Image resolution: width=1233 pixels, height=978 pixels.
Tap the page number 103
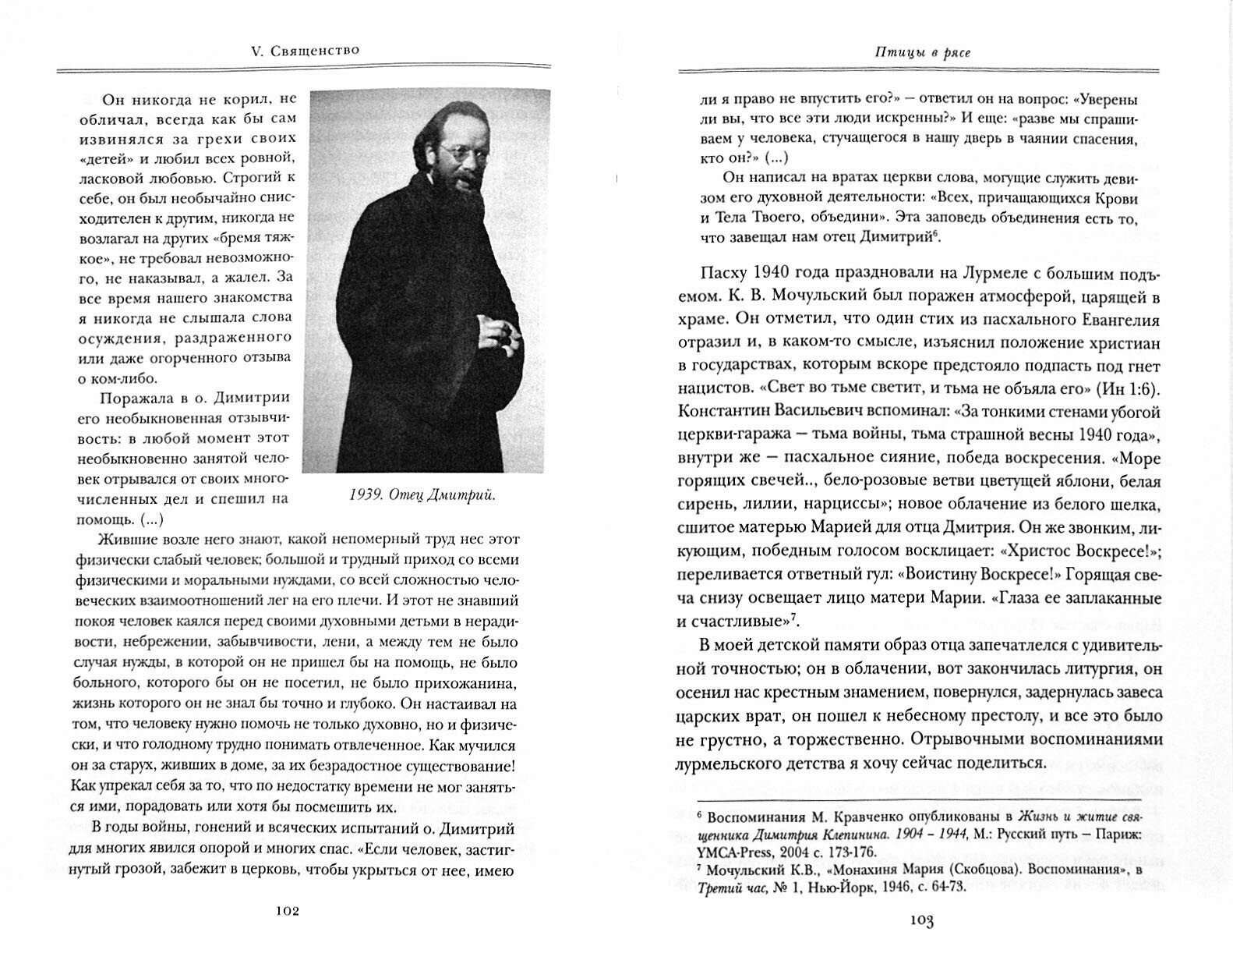point(920,920)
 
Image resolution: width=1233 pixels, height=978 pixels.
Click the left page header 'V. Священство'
point(300,51)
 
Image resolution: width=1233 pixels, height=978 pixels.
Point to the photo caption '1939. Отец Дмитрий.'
point(422,495)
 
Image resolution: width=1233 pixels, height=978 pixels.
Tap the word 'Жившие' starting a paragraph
point(124,540)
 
